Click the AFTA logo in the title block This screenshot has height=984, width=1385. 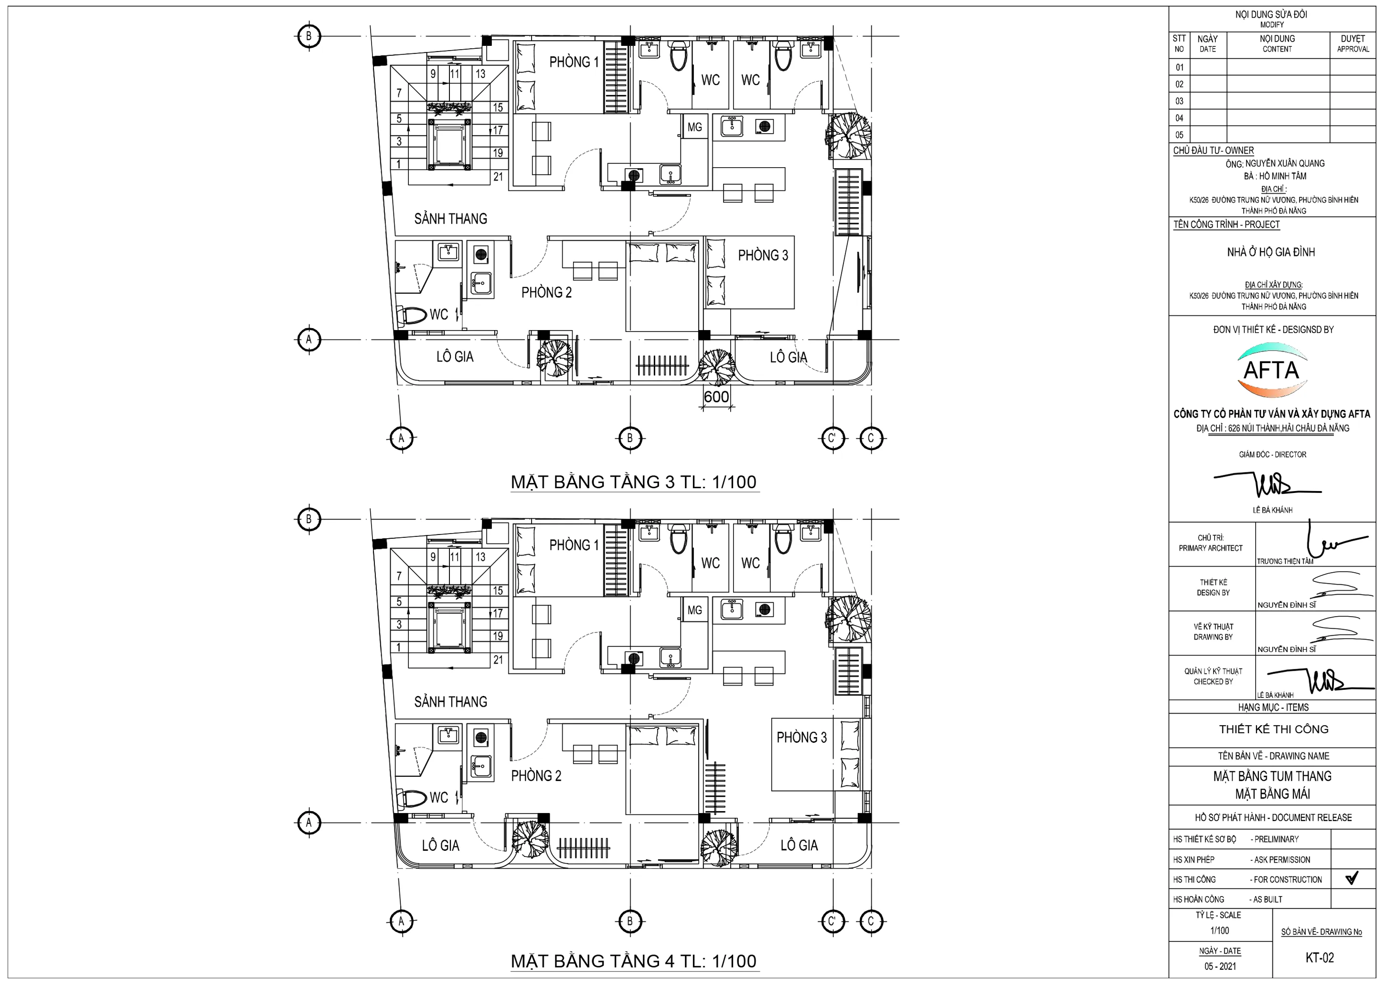click(x=1271, y=370)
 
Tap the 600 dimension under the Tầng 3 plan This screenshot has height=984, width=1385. click(x=716, y=397)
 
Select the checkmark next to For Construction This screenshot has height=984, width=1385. click(x=1352, y=878)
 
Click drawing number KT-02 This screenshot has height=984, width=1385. click(x=1320, y=958)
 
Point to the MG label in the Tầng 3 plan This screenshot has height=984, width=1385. click(x=694, y=127)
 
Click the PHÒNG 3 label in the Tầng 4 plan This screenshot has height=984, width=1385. click(x=801, y=738)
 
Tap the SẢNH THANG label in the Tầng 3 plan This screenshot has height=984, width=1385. click(x=451, y=219)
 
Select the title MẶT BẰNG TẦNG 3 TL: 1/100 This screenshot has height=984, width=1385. click(x=634, y=482)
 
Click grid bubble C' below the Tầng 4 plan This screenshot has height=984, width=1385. click(x=832, y=921)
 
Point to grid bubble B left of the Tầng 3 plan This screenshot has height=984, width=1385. click(x=309, y=36)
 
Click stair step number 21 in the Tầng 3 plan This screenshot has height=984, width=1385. click(x=498, y=177)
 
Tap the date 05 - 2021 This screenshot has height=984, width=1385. click(x=1220, y=966)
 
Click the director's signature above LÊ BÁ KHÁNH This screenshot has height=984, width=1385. click(x=1268, y=483)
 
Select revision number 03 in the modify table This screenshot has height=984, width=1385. click(x=1179, y=101)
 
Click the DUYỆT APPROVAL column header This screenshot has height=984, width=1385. click(x=1353, y=43)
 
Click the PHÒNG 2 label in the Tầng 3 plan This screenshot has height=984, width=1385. click(x=546, y=293)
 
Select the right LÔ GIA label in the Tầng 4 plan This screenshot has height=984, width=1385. click(x=799, y=845)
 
